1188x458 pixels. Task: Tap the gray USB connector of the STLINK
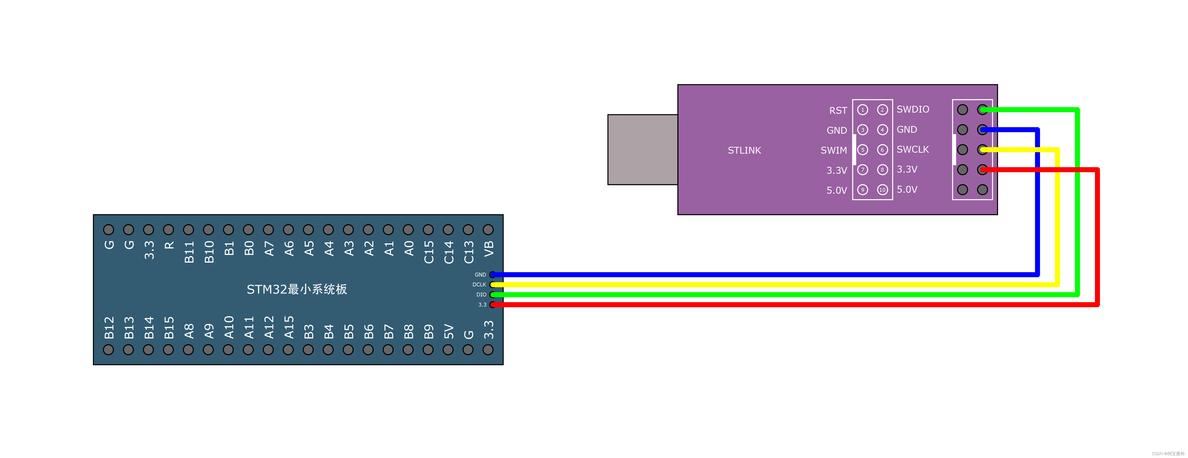[x=642, y=150]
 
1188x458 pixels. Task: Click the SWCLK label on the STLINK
[x=912, y=150]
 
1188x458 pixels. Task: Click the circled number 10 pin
[x=882, y=190]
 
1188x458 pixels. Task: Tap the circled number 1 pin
[x=862, y=110]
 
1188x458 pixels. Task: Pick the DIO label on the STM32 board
[x=481, y=295]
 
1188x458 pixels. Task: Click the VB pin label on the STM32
[x=489, y=249]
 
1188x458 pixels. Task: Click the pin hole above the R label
[x=168, y=229]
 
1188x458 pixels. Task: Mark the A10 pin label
[x=229, y=327]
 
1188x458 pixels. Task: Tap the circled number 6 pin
[x=882, y=150]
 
